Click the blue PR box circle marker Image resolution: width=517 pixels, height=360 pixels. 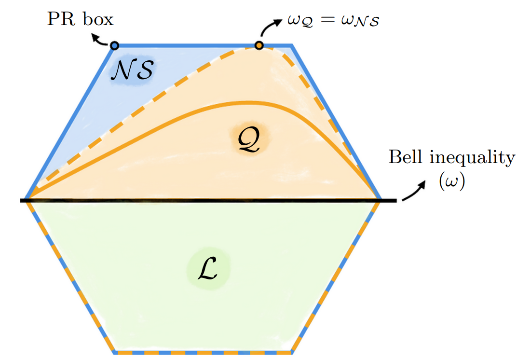[114, 45]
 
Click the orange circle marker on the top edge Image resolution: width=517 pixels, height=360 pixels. [259, 45]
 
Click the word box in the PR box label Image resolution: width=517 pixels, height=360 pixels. [98, 19]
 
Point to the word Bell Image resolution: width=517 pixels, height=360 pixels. [406, 157]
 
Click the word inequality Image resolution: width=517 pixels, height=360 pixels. [472, 158]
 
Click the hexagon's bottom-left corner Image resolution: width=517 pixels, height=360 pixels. [114, 352]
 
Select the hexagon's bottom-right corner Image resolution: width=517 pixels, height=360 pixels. [292, 352]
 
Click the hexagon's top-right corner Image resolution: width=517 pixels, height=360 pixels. [292, 45]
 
